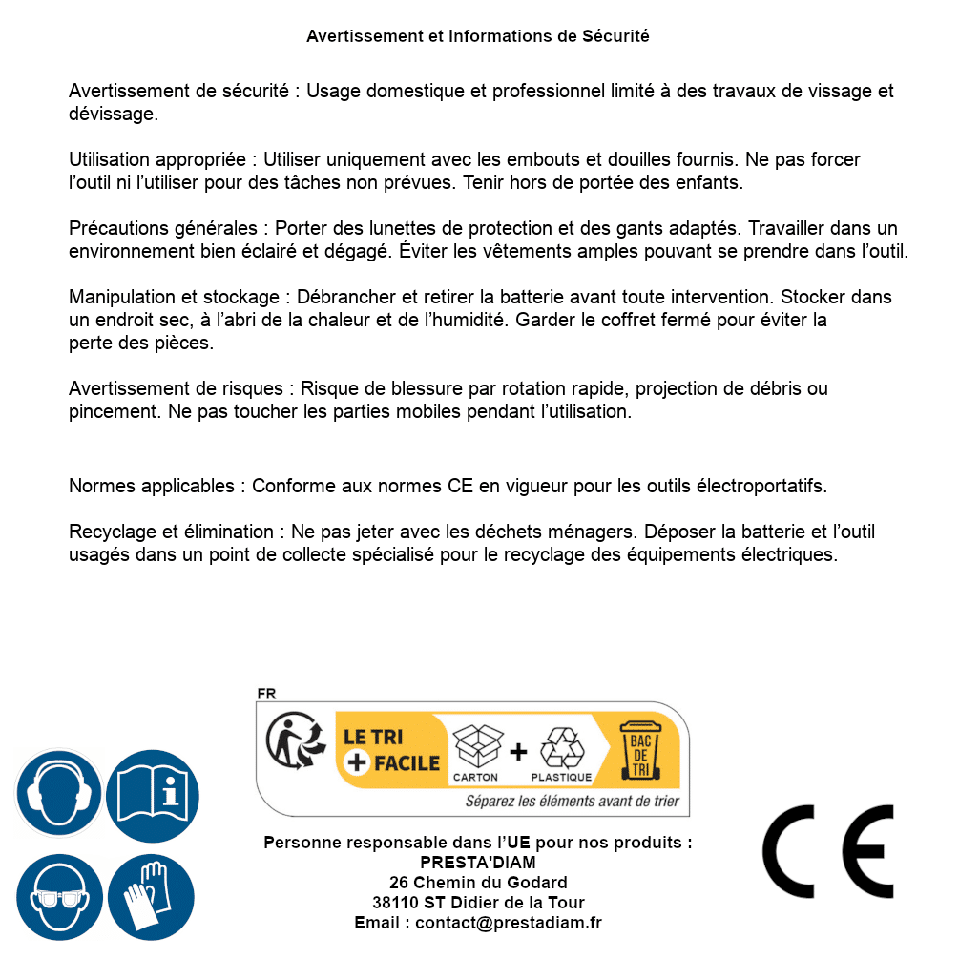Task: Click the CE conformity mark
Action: (x=827, y=851)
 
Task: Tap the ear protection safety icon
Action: (x=59, y=793)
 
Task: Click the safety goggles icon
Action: (x=59, y=897)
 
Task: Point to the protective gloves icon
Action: (x=153, y=897)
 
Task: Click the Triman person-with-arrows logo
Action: (x=293, y=742)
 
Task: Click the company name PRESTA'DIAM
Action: (x=478, y=863)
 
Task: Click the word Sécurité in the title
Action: (x=615, y=36)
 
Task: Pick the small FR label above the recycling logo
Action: (x=266, y=694)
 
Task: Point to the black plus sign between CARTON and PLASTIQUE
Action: (x=518, y=752)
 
